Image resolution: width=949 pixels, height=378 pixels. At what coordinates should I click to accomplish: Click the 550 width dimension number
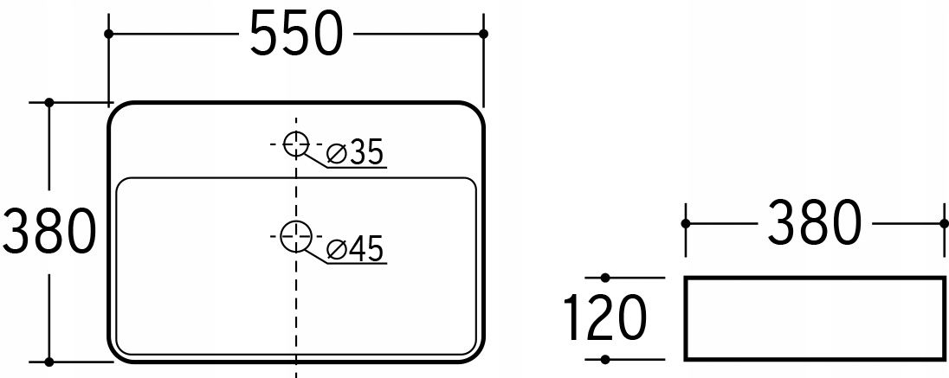coord(296,34)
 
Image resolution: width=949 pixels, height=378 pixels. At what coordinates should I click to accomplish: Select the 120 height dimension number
coord(604,317)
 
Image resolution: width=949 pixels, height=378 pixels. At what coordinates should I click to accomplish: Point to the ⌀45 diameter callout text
coord(355,250)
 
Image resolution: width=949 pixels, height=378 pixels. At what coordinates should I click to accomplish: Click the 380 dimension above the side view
coord(814,224)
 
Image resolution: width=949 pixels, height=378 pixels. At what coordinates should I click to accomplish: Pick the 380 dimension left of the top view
coord(49,232)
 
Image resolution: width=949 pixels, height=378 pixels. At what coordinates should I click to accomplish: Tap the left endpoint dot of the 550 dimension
coord(108,34)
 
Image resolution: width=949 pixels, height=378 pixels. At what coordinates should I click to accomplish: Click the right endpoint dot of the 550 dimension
coord(483,34)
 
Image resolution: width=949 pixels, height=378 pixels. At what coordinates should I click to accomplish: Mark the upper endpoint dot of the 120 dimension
coord(605,278)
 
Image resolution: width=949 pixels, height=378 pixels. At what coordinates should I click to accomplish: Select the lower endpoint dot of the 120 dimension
coord(605,361)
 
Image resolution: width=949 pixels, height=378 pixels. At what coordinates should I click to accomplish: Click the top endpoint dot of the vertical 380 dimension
coord(49,102)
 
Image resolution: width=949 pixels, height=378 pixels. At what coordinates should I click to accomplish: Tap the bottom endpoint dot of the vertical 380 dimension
coord(49,362)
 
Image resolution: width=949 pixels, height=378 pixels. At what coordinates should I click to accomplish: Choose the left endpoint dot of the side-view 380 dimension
coord(685,224)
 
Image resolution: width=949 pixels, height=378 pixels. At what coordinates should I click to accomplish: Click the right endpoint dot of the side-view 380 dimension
coord(944,224)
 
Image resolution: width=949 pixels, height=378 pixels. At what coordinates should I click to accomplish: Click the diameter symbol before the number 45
coord(336,250)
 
